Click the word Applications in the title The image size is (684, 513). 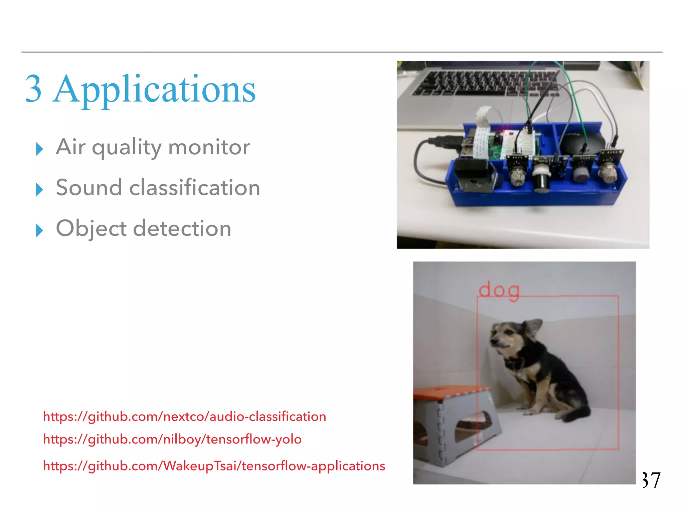154,90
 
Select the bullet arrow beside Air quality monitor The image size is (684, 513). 39,149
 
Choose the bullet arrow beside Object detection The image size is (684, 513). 39,230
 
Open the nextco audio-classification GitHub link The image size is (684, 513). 184,416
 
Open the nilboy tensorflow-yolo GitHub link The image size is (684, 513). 172,439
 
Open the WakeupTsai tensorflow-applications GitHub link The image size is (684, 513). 214,466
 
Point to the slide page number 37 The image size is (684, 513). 651,480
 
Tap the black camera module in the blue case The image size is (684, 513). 473,175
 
